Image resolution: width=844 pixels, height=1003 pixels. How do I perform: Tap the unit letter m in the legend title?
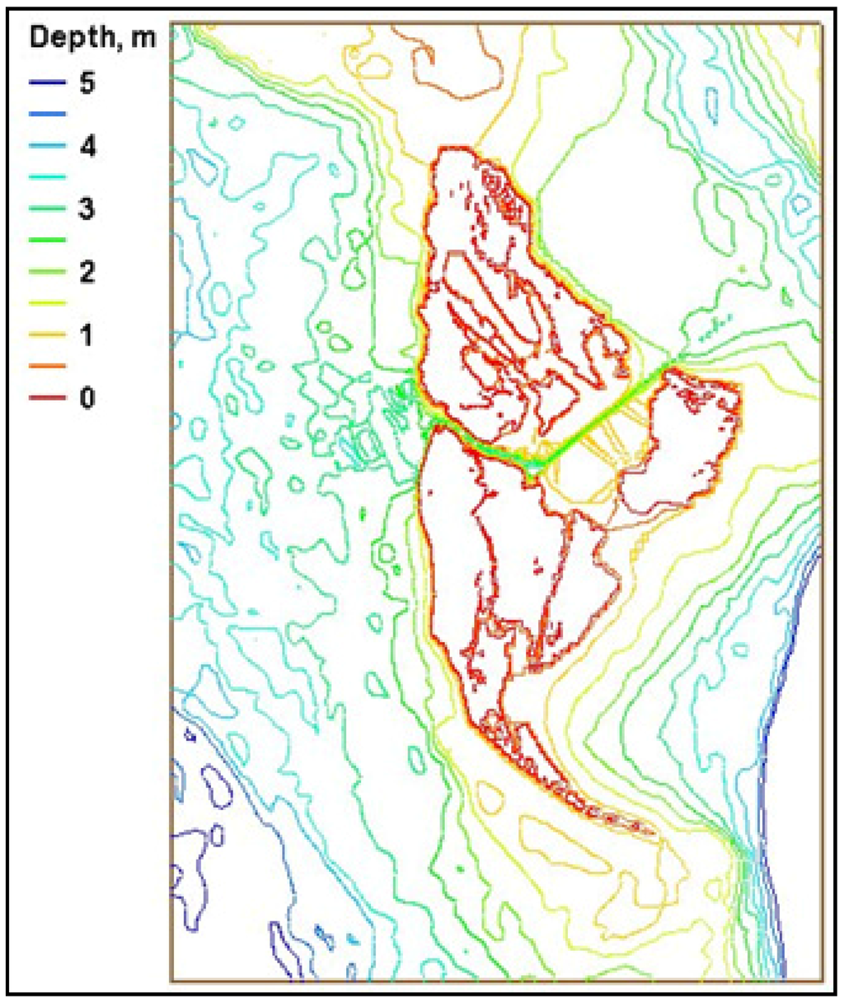(144, 38)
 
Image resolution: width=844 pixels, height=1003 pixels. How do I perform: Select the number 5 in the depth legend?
(87, 83)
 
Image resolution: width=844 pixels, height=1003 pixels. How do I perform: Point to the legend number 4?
(87, 147)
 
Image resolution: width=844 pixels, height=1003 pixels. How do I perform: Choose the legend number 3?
(87, 209)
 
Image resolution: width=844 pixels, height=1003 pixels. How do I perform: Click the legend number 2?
(87, 272)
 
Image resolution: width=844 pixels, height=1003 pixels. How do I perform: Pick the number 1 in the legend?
(87, 335)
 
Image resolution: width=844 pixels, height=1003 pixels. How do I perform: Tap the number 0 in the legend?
(87, 398)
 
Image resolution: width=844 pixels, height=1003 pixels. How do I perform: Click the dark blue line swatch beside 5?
(47, 83)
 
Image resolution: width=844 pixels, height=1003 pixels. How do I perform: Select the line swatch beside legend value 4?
(47, 147)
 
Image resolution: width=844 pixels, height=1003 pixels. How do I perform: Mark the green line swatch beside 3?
(47, 209)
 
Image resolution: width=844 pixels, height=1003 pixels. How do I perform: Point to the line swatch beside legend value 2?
(47, 272)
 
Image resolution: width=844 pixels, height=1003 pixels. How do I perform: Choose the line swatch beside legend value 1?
(47, 335)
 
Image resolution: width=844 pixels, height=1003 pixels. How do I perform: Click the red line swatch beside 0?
(47, 398)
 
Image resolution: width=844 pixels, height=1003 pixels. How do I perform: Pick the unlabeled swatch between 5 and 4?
(47, 115)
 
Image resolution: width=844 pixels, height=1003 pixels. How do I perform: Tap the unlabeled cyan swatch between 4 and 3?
(47, 178)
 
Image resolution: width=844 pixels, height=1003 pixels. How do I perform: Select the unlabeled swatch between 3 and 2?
(47, 241)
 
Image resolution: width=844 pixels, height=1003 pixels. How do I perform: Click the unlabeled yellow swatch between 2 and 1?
(47, 303)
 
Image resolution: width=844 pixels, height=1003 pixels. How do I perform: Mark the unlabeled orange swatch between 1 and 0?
(47, 367)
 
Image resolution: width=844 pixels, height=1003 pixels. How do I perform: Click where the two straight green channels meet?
(534, 466)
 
